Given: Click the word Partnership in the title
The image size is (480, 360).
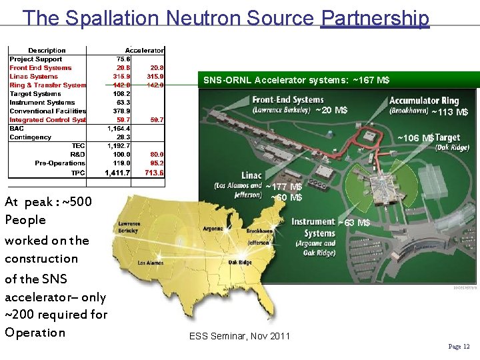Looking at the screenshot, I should click(x=375, y=18).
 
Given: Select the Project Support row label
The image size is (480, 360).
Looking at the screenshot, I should click(x=36, y=59).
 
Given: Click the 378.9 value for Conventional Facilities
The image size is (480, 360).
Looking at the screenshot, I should click(x=120, y=111).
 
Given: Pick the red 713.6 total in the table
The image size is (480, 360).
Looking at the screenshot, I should click(x=155, y=173).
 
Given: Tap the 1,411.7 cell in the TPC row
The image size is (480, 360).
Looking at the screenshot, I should click(x=117, y=173).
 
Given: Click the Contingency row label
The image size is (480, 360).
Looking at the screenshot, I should click(x=31, y=137).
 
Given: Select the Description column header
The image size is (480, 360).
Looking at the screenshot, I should click(x=47, y=51).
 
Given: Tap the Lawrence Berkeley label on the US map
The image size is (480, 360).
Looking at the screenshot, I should click(x=129, y=227).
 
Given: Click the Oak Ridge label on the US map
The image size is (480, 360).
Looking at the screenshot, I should click(x=240, y=262).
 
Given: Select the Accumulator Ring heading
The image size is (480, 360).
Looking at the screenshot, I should click(x=424, y=101).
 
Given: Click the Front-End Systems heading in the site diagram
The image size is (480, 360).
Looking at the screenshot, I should click(x=289, y=101).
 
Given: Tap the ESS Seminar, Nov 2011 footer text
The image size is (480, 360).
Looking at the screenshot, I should click(x=240, y=336).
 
